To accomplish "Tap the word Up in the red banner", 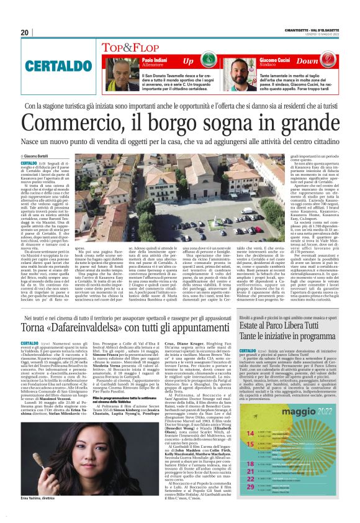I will (189, 61).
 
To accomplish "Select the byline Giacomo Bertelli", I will (38, 156).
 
